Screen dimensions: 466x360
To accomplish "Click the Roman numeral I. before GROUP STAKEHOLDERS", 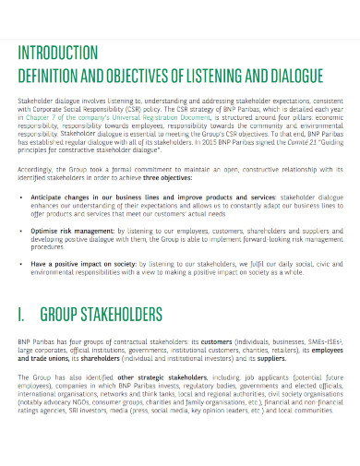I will click(x=22, y=315).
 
